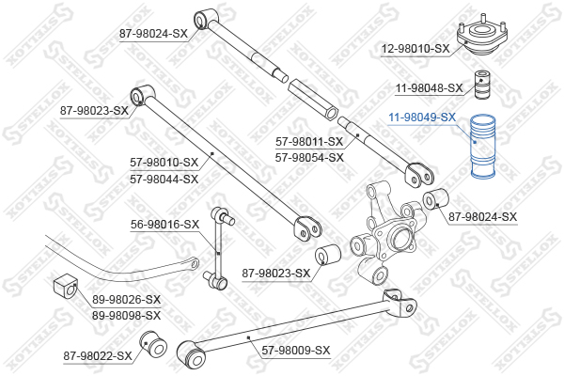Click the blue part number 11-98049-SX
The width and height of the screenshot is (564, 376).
coord(422,117)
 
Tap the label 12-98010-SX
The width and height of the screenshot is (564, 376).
coord(415,49)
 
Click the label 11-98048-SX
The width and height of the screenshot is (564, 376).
coord(429,88)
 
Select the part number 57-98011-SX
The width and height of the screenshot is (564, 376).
coord(309,142)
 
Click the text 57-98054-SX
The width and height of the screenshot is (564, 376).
coord(309,158)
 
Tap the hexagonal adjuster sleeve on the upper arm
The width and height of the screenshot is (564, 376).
coord(313,99)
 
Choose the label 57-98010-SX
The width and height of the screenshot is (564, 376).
coord(164,163)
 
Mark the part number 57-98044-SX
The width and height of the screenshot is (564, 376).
coord(164,179)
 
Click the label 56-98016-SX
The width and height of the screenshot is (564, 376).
coord(164,225)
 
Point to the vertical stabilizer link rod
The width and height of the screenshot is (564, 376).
coord(219,248)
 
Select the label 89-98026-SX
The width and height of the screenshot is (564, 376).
coord(126,299)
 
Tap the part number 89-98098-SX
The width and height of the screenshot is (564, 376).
coord(126,316)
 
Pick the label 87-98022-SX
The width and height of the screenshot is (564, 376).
coord(98,356)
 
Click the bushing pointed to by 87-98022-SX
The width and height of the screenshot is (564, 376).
coord(153,344)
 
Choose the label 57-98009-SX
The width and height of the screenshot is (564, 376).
coord(296,350)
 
